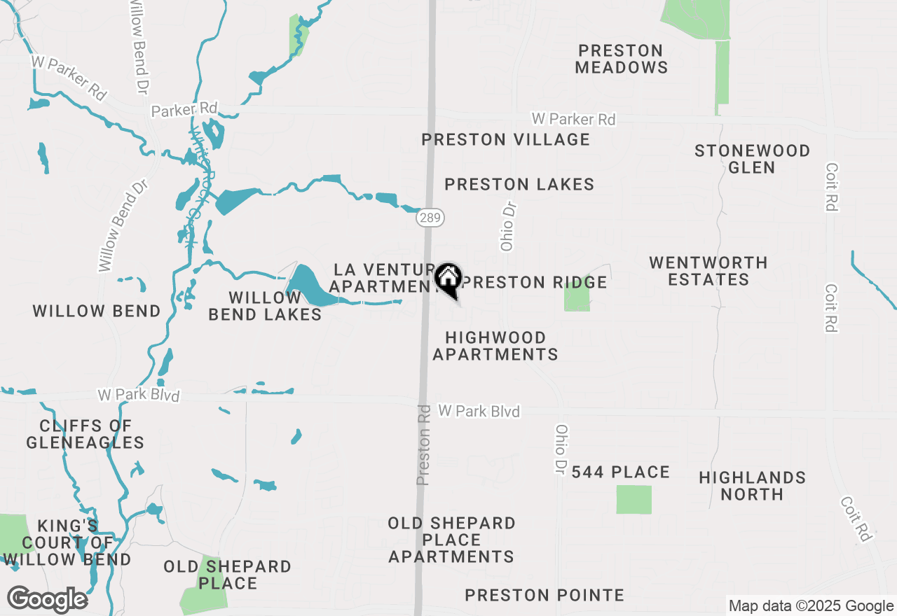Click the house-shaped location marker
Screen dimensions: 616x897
point(448,278)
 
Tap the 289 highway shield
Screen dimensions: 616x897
point(430,218)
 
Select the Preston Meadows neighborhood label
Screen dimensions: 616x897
point(622,59)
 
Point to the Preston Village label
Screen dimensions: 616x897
point(505,139)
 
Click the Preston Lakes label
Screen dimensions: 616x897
point(519,184)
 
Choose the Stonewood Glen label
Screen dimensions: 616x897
point(752,159)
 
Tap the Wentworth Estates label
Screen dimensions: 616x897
point(708,271)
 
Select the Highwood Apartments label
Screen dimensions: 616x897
point(495,346)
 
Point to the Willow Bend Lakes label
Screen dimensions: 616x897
point(265,306)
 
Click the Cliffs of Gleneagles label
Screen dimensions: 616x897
point(85,434)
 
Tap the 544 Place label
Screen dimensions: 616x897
point(621,472)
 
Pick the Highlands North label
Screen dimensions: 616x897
point(752,486)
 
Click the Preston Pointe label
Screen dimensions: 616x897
point(545,595)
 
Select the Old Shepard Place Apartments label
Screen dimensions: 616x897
point(452,540)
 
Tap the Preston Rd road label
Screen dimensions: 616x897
point(423,444)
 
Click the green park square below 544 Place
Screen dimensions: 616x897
point(634,500)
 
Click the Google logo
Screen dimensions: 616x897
point(47,599)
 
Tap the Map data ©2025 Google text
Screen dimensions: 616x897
point(811,606)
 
